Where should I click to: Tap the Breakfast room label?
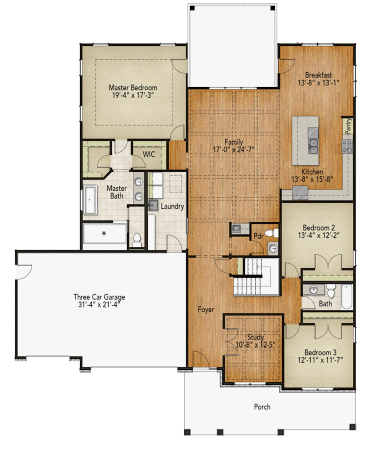coord(318,75)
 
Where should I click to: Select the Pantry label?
coord(348,126)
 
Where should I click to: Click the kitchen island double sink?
coord(313,146)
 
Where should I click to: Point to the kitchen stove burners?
coord(347,146)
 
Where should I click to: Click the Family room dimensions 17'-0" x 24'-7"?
coord(234,150)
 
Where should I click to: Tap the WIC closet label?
coord(149,154)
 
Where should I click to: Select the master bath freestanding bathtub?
coord(90,200)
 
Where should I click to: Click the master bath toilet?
coord(137,240)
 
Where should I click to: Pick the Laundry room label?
coord(172,207)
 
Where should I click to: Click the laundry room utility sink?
coord(153,205)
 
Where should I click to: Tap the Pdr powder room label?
coord(259,236)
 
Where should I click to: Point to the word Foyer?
coord(206,310)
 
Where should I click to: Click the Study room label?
coord(256,337)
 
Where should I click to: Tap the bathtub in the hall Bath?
coord(347,297)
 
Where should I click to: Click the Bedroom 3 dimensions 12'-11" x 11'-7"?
coord(320,360)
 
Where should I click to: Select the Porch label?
coord(262,406)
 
